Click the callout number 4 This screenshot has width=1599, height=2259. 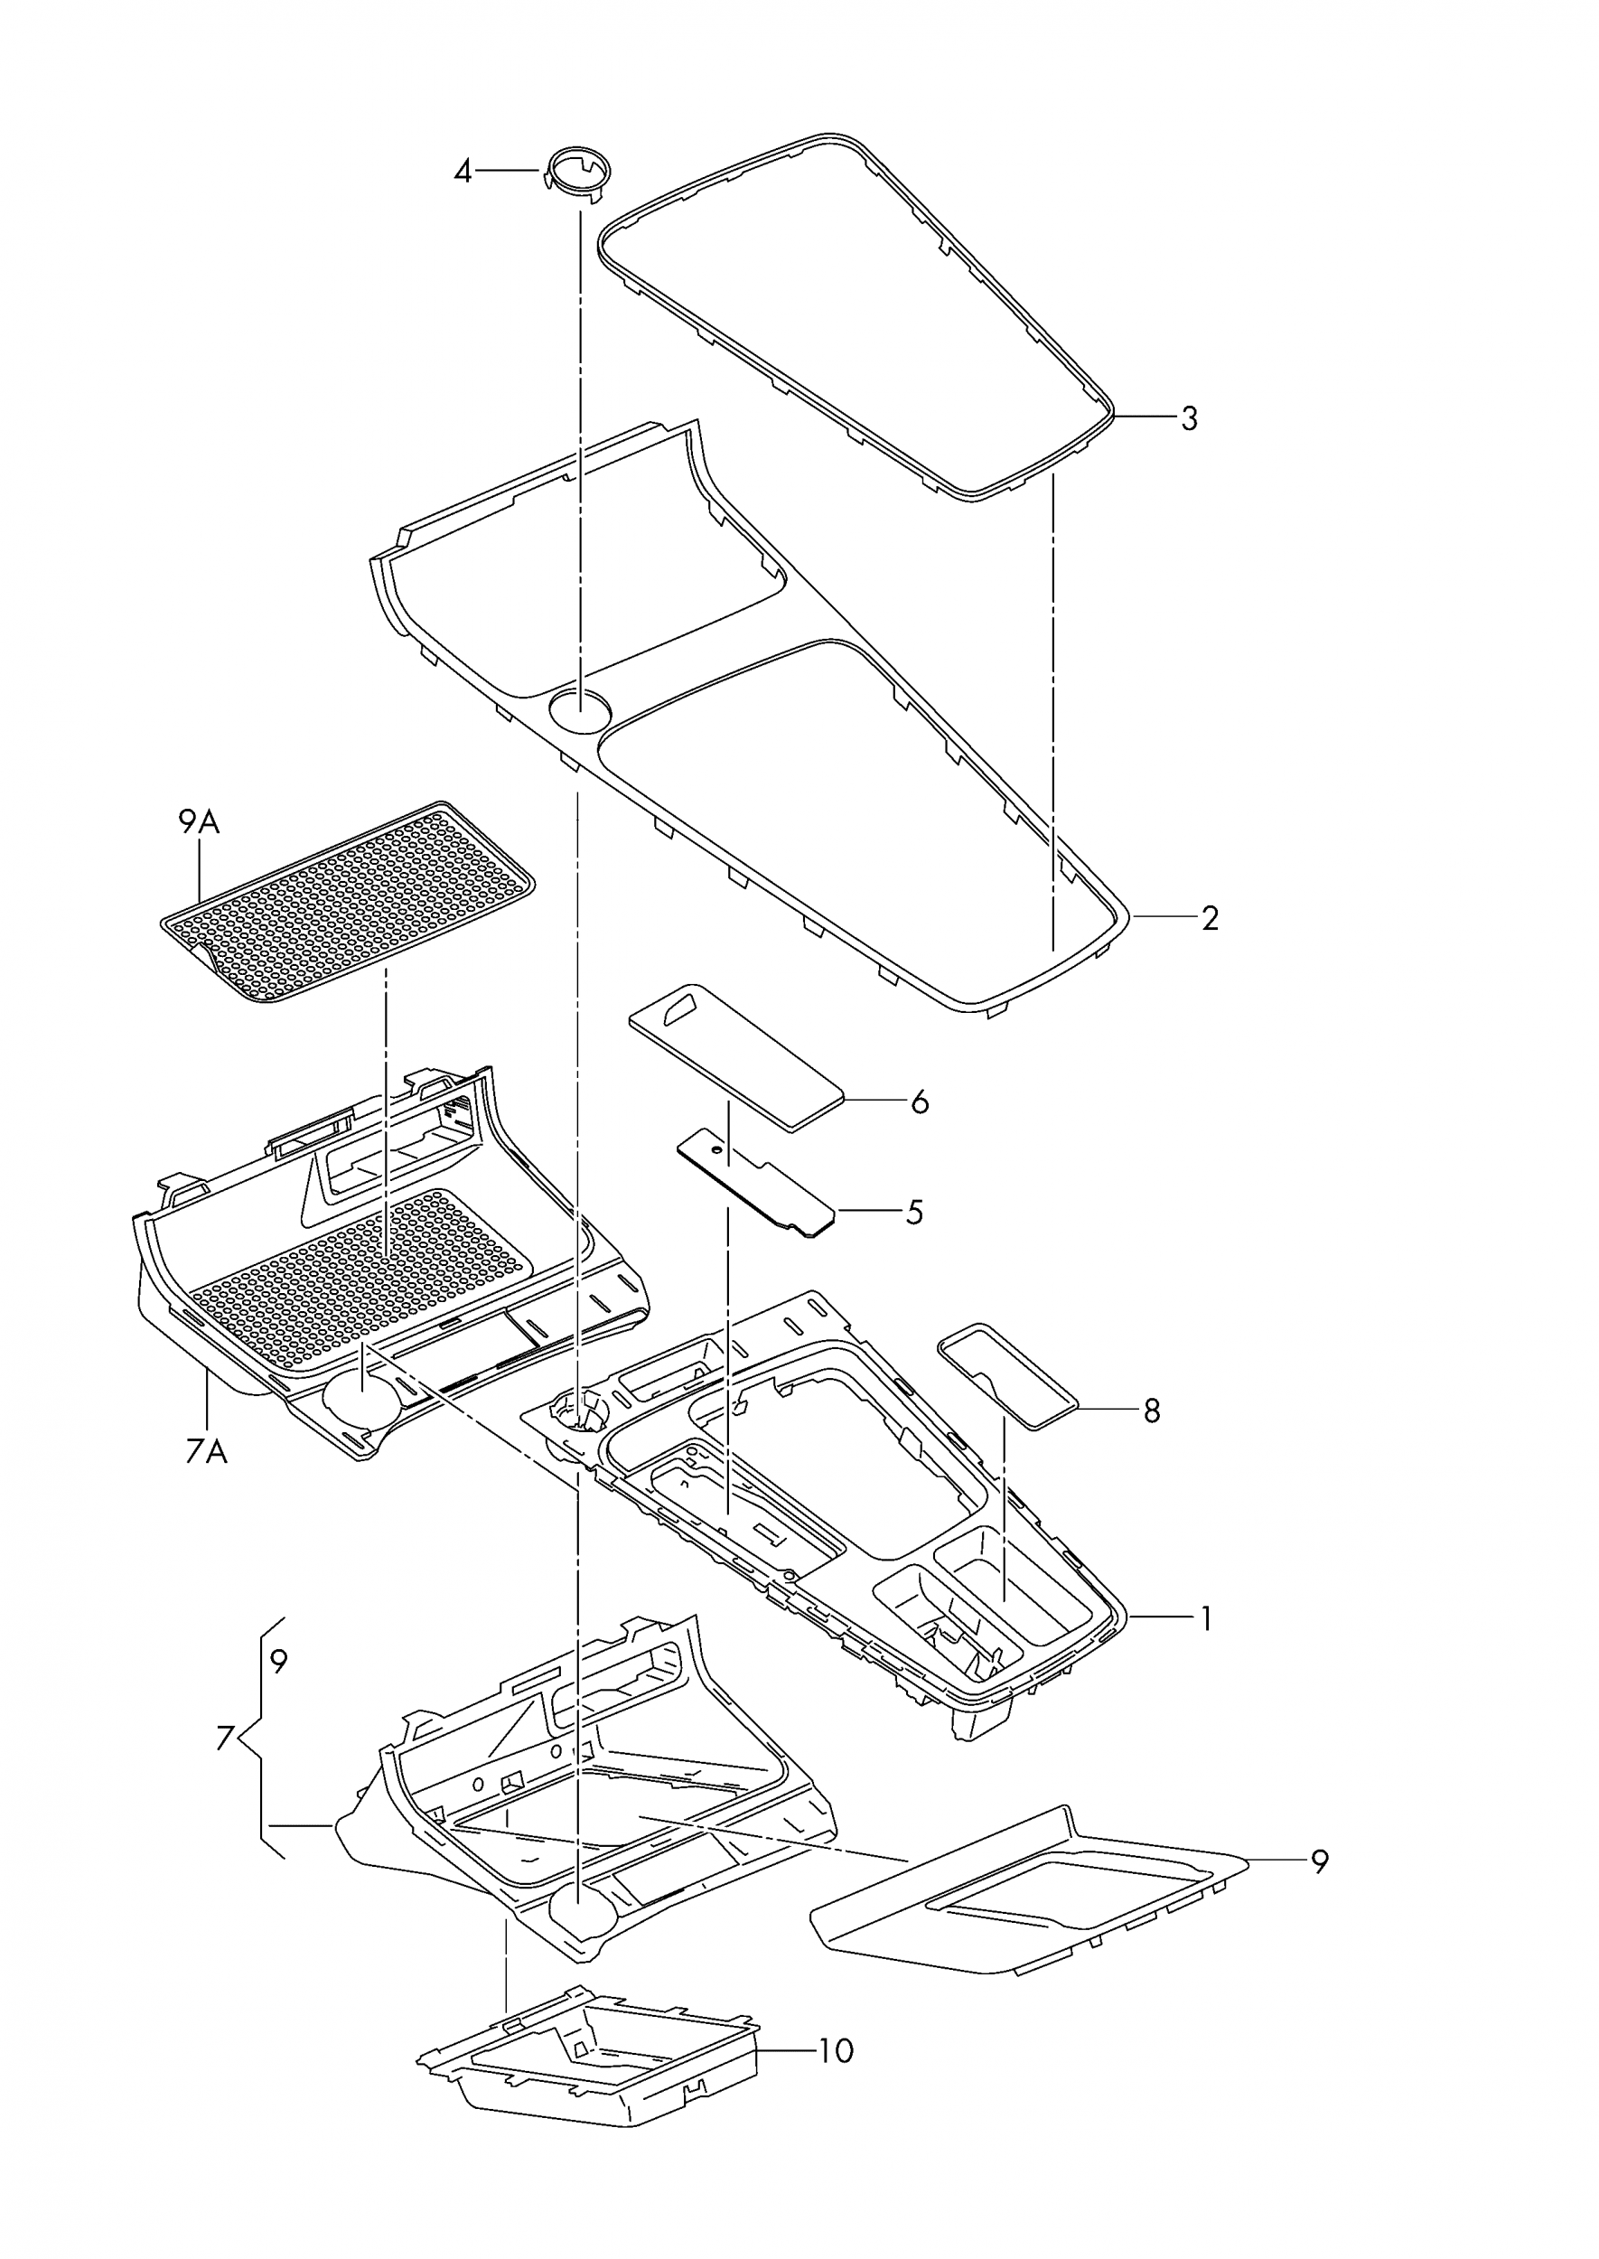(x=462, y=173)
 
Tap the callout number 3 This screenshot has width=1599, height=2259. (x=1190, y=418)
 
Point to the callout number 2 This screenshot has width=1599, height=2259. (x=1210, y=919)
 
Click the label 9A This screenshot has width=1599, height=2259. (x=199, y=821)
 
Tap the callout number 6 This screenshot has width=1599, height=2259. (x=920, y=1101)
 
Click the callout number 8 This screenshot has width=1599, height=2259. (x=1151, y=1411)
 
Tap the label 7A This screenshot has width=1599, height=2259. (x=206, y=1450)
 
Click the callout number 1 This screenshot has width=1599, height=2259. (x=1204, y=1619)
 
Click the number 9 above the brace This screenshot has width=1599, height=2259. (x=278, y=1663)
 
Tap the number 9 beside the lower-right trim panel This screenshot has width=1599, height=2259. (x=1319, y=1863)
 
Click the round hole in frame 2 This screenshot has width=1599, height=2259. (x=579, y=709)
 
